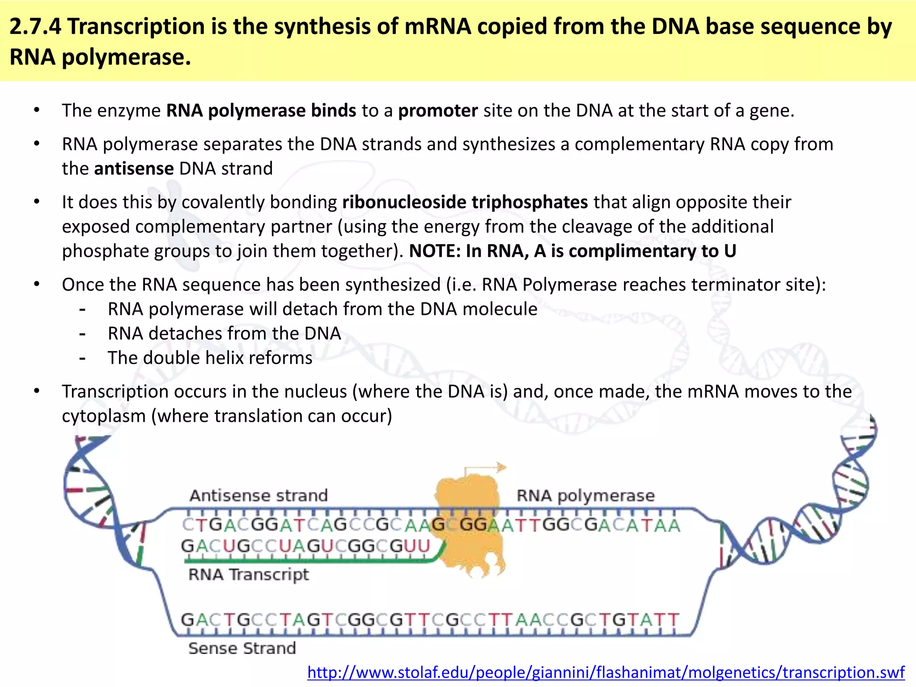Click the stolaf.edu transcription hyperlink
(x=606, y=672)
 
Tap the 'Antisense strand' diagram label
(x=259, y=496)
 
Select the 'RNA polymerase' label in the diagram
(x=585, y=496)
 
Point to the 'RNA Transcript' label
(x=249, y=574)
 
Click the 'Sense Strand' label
(x=242, y=648)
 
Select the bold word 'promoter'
(x=438, y=110)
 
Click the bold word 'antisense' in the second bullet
(x=134, y=169)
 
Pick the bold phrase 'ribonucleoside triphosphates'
(x=465, y=202)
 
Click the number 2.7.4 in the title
(x=35, y=26)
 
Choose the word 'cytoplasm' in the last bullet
(x=104, y=416)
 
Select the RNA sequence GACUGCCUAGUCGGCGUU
(x=305, y=546)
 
